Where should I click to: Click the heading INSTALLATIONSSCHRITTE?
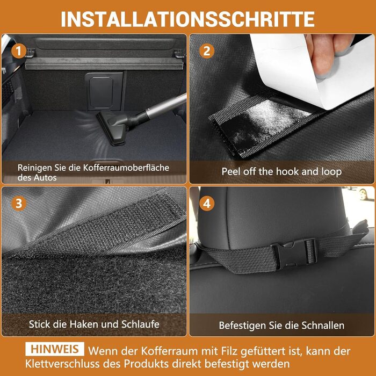tap(188, 19)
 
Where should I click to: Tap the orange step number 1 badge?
tap(18, 51)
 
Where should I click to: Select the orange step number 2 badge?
tap(207, 51)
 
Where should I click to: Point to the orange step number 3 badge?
tap(18, 204)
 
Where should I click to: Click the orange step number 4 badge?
tap(207, 204)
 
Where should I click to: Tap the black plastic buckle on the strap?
tap(294, 254)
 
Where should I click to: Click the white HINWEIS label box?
tap(55, 349)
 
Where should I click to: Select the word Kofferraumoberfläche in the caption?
tap(126, 168)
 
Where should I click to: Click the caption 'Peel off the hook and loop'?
tap(281, 172)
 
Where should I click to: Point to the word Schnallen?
tap(323, 326)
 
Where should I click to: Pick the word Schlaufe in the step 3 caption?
tap(140, 324)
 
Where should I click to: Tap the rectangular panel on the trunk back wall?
tap(104, 91)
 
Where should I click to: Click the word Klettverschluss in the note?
tap(62, 364)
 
